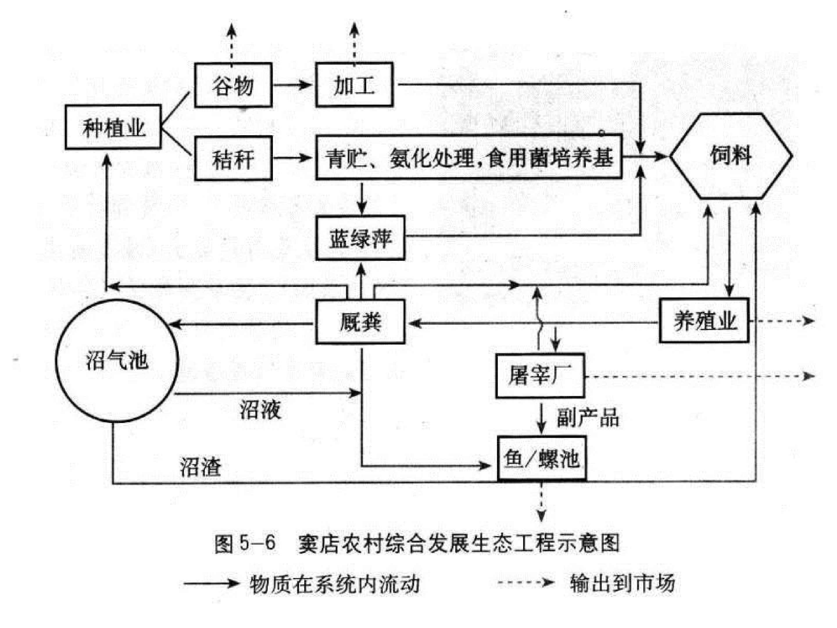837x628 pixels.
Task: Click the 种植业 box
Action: click(x=113, y=127)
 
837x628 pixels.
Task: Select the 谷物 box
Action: click(x=233, y=85)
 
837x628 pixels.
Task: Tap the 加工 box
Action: click(x=355, y=85)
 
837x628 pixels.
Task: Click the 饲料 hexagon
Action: click(x=731, y=156)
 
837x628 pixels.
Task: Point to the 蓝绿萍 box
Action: click(x=360, y=238)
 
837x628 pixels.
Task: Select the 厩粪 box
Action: click(x=360, y=322)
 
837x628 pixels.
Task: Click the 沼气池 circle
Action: click(x=117, y=360)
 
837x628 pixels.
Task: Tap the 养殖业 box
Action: click(x=704, y=321)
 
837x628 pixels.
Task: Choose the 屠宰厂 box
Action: click(x=540, y=376)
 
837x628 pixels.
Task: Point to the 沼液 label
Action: click(x=260, y=410)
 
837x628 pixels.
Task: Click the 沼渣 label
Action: click(x=201, y=466)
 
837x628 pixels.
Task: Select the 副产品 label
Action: click(x=588, y=418)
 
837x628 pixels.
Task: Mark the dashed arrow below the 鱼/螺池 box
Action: click(x=541, y=502)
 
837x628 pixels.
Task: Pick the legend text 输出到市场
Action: click(x=623, y=583)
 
